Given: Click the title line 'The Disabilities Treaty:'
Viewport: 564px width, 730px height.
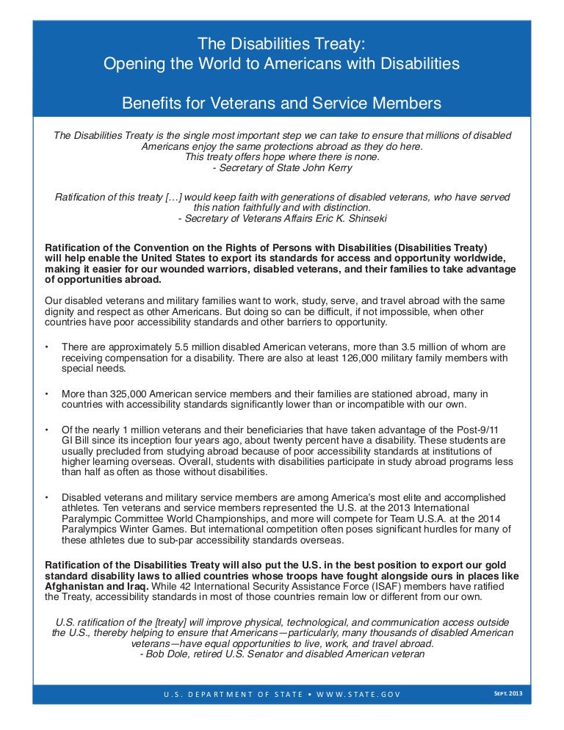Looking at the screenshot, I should pos(281,43).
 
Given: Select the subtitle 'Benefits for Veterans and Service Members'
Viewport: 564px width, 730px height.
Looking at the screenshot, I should pos(281,104).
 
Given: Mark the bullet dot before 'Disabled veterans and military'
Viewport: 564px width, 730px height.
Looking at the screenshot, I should pos(47,496).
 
